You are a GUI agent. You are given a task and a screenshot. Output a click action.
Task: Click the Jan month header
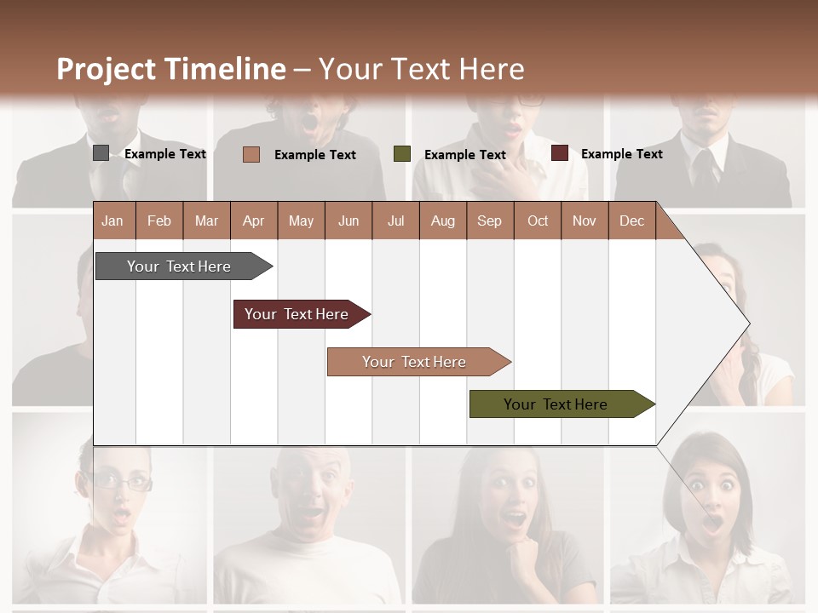pyautogui.click(x=112, y=221)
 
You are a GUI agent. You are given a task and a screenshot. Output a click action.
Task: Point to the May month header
pyautogui.click(x=301, y=221)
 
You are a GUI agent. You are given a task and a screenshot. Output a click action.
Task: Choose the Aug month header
pyautogui.click(x=442, y=221)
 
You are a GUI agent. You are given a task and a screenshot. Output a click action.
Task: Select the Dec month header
pyautogui.click(x=631, y=221)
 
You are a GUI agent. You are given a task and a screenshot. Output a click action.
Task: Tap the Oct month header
pyautogui.click(x=538, y=221)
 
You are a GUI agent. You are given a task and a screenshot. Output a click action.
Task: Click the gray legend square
pyautogui.click(x=101, y=153)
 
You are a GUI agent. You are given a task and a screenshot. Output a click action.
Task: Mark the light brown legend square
pyautogui.click(x=251, y=154)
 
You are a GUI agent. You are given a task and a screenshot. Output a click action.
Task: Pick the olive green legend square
pyautogui.click(x=402, y=153)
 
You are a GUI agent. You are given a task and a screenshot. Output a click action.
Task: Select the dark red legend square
pyautogui.click(x=559, y=153)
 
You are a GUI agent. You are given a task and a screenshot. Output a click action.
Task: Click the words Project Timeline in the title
pyautogui.click(x=171, y=69)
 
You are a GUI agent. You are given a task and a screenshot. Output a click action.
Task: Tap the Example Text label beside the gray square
pyautogui.click(x=165, y=154)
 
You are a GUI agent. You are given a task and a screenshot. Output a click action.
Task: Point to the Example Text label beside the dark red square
pyautogui.click(x=622, y=154)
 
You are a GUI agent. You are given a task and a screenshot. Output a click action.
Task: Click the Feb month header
pyautogui.click(x=159, y=221)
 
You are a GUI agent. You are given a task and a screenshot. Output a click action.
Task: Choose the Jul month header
pyautogui.click(x=395, y=221)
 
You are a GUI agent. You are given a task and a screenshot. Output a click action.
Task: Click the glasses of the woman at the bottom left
pyautogui.click(x=122, y=483)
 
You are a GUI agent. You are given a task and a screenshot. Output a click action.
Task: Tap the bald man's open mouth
pyautogui.click(x=313, y=513)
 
